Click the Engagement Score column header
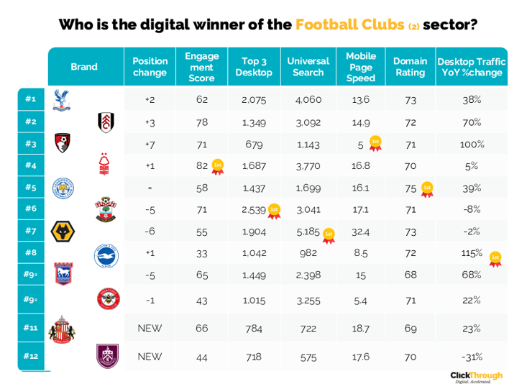tap(201, 67)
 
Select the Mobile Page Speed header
tap(361, 67)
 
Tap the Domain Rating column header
tap(411, 67)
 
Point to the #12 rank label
tap(30, 356)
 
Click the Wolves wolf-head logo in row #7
tap(63, 232)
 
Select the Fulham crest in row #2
tap(106, 122)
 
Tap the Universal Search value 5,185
tap(308, 232)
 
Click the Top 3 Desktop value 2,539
tap(255, 210)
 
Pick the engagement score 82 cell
tap(202, 166)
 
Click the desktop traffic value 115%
tap(472, 254)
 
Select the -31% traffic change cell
tap(472, 357)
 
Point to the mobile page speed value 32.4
tap(361, 232)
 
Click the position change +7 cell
tap(150, 145)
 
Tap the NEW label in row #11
tap(150, 328)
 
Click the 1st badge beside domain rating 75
tap(427, 190)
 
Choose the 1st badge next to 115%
tap(495, 258)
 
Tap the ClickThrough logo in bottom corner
tap(476, 376)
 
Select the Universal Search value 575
tap(308, 357)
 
